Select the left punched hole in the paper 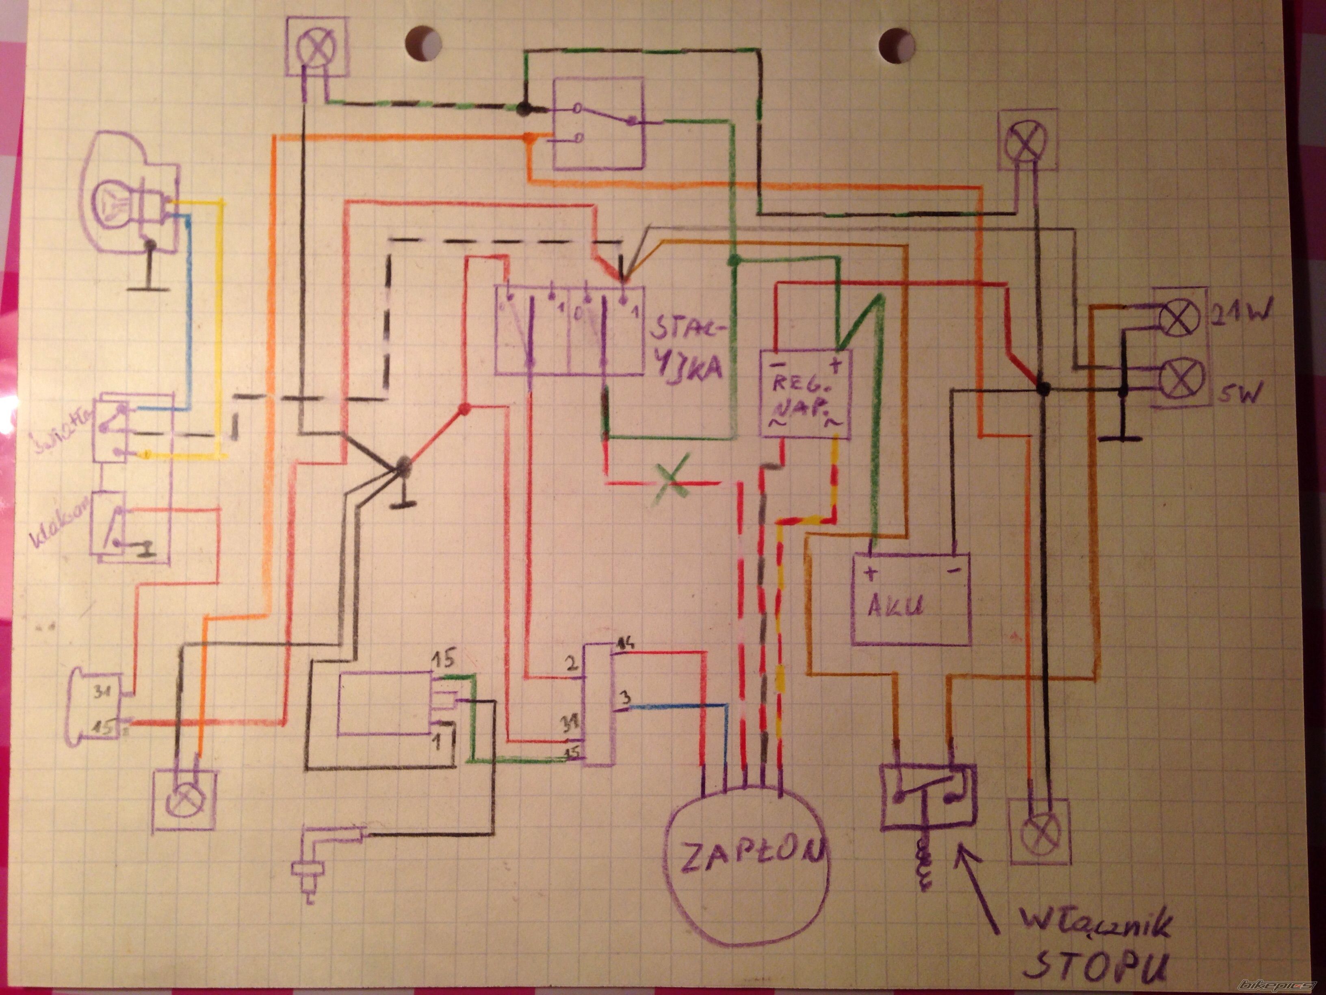tap(423, 43)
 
